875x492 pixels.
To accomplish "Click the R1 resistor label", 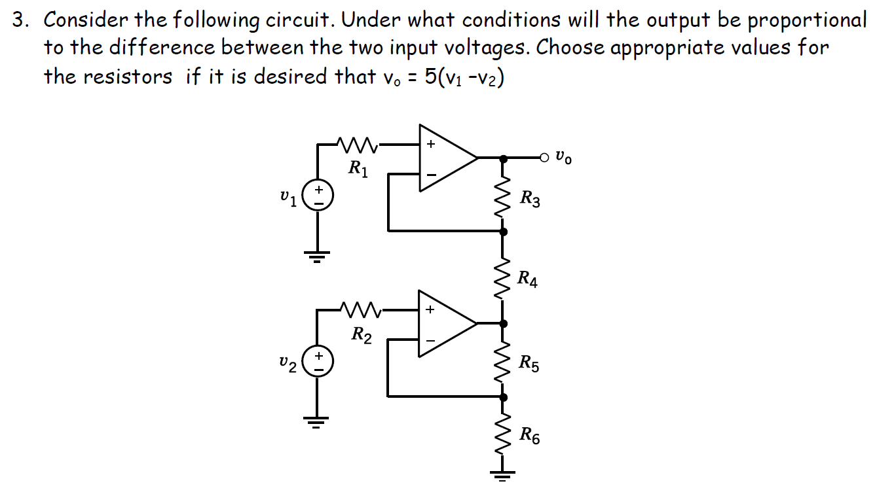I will [x=358, y=169].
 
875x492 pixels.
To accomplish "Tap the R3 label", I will [x=530, y=198].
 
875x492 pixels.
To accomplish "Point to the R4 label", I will [x=528, y=279].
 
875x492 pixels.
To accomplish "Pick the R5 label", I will [x=529, y=363].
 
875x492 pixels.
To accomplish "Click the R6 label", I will [x=530, y=435].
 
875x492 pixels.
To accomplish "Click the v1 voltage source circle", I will [x=319, y=195].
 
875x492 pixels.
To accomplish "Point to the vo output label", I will [x=563, y=158].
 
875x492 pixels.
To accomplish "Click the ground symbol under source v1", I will [x=319, y=255].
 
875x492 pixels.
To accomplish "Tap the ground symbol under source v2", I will [x=319, y=421].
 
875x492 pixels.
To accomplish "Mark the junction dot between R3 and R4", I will [x=503, y=231].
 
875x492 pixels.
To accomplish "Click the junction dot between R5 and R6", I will [x=503, y=396].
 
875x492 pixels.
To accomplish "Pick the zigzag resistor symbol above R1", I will [x=357, y=142].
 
